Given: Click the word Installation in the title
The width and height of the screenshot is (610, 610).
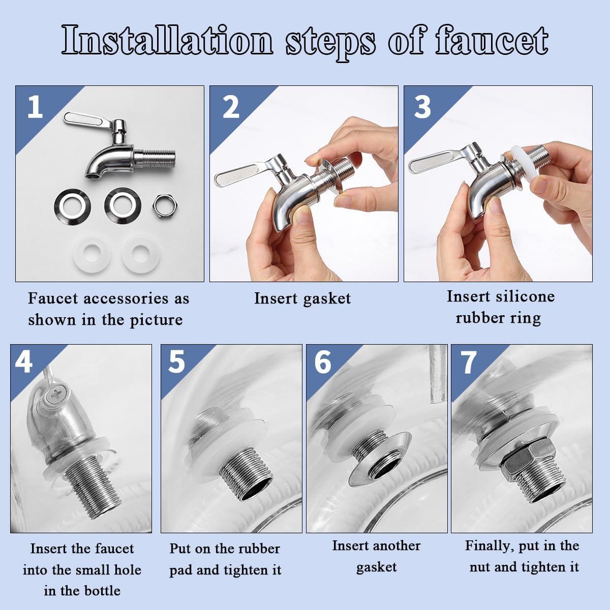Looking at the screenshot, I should (168, 41).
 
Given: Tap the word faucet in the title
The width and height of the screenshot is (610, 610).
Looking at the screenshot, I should (492, 41).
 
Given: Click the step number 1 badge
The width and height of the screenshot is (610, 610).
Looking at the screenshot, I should (35, 107).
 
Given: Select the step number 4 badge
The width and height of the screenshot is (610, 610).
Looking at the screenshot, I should (24, 362).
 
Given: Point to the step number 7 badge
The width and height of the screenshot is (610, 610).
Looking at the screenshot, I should (468, 362).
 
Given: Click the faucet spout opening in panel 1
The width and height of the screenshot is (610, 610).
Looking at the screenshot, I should (92, 176).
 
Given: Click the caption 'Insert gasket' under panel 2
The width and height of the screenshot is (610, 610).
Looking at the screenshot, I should (302, 298).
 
